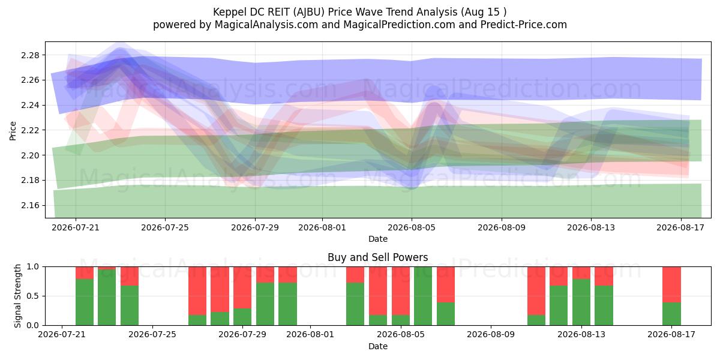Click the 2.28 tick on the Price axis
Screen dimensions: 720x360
tap(30, 55)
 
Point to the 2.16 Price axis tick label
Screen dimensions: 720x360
tap(30, 205)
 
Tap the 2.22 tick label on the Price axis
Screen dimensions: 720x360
tap(30, 130)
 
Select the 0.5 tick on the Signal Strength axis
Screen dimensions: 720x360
tap(32, 296)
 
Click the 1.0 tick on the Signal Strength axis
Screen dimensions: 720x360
tap(32, 267)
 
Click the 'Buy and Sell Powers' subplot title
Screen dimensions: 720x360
tap(377, 257)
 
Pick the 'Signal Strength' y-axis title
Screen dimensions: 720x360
tap(17, 296)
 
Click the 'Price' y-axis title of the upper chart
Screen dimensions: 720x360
tap(13, 131)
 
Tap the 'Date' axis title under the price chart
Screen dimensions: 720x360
tap(377, 239)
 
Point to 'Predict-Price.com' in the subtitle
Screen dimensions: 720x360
tap(524, 25)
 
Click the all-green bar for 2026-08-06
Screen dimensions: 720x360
tap(423, 296)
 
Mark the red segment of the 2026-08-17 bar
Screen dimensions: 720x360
tap(671, 285)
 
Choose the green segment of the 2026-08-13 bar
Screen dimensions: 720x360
tap(581, 302)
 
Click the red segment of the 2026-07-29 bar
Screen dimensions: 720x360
tap(242, 287)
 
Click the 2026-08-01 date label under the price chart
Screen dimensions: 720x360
tap(322, 228)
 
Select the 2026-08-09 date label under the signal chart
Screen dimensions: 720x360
tap(491, 335)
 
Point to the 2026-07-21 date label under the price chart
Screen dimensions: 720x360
tap(76, 228)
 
